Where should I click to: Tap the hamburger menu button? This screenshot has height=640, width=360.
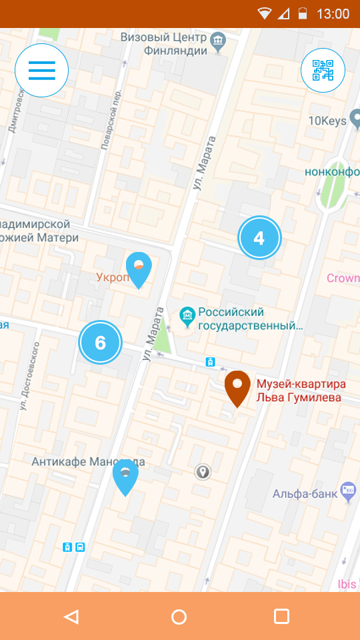(x=41, y=70)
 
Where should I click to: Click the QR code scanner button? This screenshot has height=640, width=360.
(x=323, y=70)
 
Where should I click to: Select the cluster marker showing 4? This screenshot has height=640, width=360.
(x=259, y=238)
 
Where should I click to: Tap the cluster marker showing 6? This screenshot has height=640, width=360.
(x=101, y=343)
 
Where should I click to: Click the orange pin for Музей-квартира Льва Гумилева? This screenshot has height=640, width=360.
(x=237, y=389)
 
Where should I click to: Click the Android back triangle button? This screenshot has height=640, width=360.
(x=71, y=617)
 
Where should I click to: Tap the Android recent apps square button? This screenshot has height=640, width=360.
(x=281, y=617)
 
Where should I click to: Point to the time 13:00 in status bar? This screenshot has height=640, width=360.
(x=333, y=14)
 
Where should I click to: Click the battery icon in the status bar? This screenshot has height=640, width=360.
(x=303, y=14)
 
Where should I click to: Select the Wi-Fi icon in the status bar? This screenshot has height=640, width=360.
(x=265, y=14)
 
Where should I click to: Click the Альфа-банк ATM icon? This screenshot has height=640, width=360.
(x=347, y=492)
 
